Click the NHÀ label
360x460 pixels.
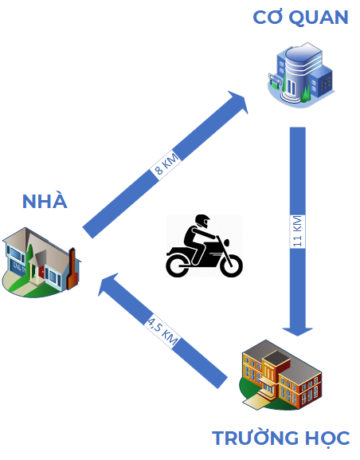(x=45, y=201)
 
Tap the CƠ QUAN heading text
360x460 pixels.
(x=300, y=17)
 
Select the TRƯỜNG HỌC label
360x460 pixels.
(x=280, y=438)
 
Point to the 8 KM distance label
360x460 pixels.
(x=168, y=165)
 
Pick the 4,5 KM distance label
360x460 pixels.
(x=162, y=328)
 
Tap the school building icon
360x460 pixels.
(x=282, y=375)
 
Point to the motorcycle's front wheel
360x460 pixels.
(x=230, y=264)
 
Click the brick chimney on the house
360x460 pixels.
(x=72, y=268)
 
